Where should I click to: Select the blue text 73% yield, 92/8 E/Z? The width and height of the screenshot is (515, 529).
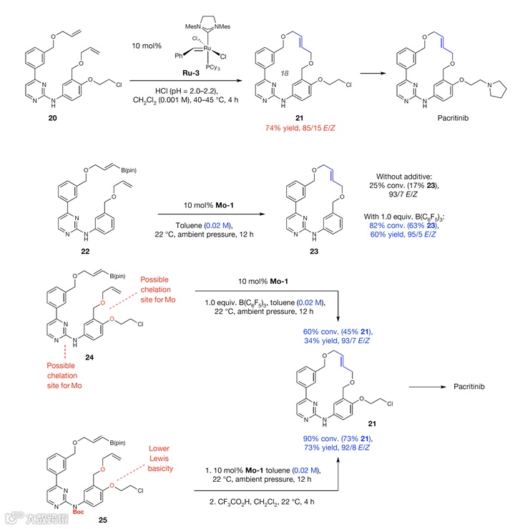(338, 447)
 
